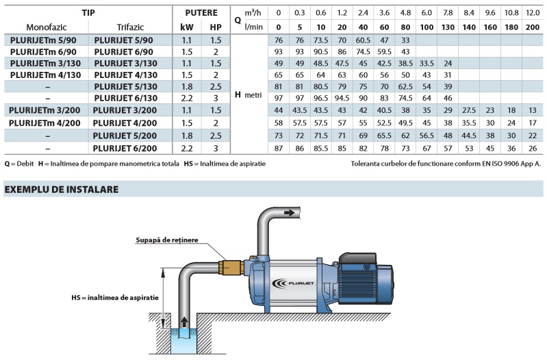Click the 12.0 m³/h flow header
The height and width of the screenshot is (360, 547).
[x=533, y=12]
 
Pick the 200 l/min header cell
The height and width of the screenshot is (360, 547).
[x=533, y=27]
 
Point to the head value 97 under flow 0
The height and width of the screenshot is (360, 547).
[x=279, y=98]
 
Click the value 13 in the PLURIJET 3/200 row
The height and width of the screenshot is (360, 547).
[x=533, y=110]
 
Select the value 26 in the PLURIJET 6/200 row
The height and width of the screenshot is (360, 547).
[x=533, y=147]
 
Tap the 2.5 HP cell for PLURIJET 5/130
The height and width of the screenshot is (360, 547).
[x=216, y=86]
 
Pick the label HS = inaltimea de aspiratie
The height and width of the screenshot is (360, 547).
[x=115, y=299]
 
